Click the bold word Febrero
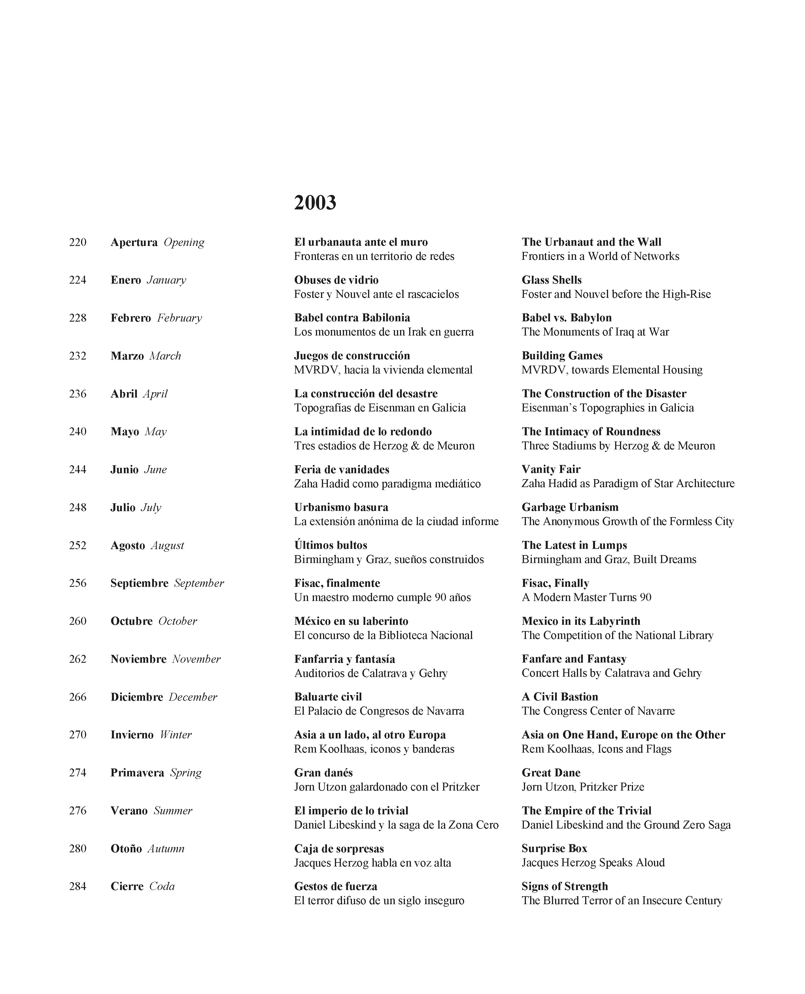pyautogui.click(x=131, y=318)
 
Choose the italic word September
pyautogui.click(x=199, y=583)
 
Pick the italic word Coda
pyautogui.click(x=162, y=886)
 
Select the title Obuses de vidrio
pyautogui.click(x=336, y=280)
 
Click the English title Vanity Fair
pyautogui.click(x=551, y=469)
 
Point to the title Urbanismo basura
pyautogui.click(x=341, y=507)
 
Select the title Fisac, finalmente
pyautogui.click(x=337, y=583)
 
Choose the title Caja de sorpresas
pyautogui.click(x=339, y=848)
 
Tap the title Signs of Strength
pyautogui.click(x=564, y=886)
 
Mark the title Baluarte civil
pyautogui.click(x=328, y=696)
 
